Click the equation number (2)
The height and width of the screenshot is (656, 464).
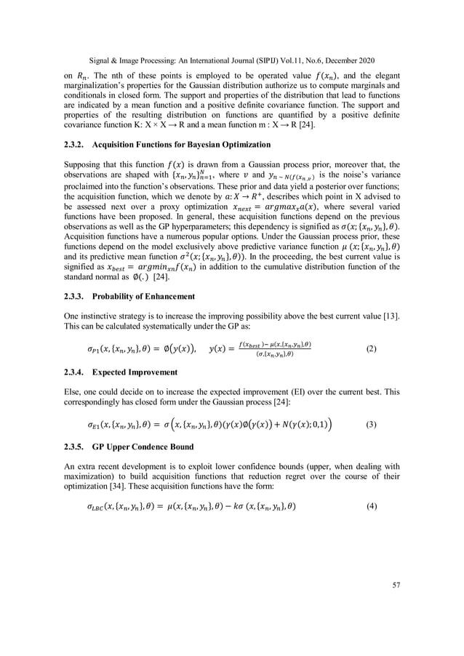coord(372,349)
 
